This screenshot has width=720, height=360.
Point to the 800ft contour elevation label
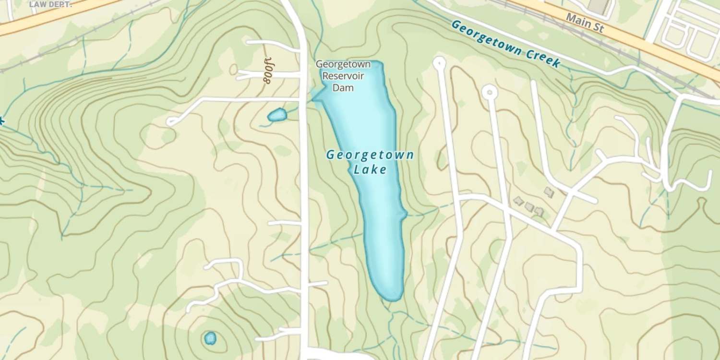[x=268, y=71]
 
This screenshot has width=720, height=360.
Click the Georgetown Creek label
[x=506, y=44]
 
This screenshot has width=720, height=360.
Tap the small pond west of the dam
[x=277, y=115]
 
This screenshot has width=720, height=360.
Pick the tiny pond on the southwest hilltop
[x=210, y=338]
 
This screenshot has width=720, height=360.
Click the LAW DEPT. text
[x=50, y=4]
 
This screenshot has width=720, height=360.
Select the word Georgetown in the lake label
[x=370, y=155]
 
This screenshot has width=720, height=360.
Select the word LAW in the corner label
[x=37, y=4]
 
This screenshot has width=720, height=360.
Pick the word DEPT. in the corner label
[x=60, y=4]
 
